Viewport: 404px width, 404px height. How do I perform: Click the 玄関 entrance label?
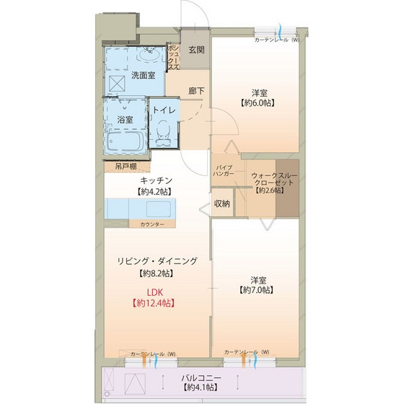click(196, 50)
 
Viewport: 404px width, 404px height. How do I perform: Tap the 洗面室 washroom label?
click(143, 75)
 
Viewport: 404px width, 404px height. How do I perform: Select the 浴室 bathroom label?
click(125, 119)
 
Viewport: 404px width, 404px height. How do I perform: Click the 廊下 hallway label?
click(196, 92)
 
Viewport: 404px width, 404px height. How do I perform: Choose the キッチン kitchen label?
click(155, 180)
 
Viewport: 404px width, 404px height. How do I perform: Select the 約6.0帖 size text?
click(258, 102)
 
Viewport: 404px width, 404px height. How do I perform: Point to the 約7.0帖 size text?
click(257, 290)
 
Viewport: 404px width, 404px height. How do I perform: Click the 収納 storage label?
click(222, 203)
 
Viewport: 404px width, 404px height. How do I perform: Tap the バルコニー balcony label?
click(201, 378)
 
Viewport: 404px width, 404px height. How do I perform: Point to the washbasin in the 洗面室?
click(150, 55)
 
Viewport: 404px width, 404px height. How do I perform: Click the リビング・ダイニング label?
click(157, 262)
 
